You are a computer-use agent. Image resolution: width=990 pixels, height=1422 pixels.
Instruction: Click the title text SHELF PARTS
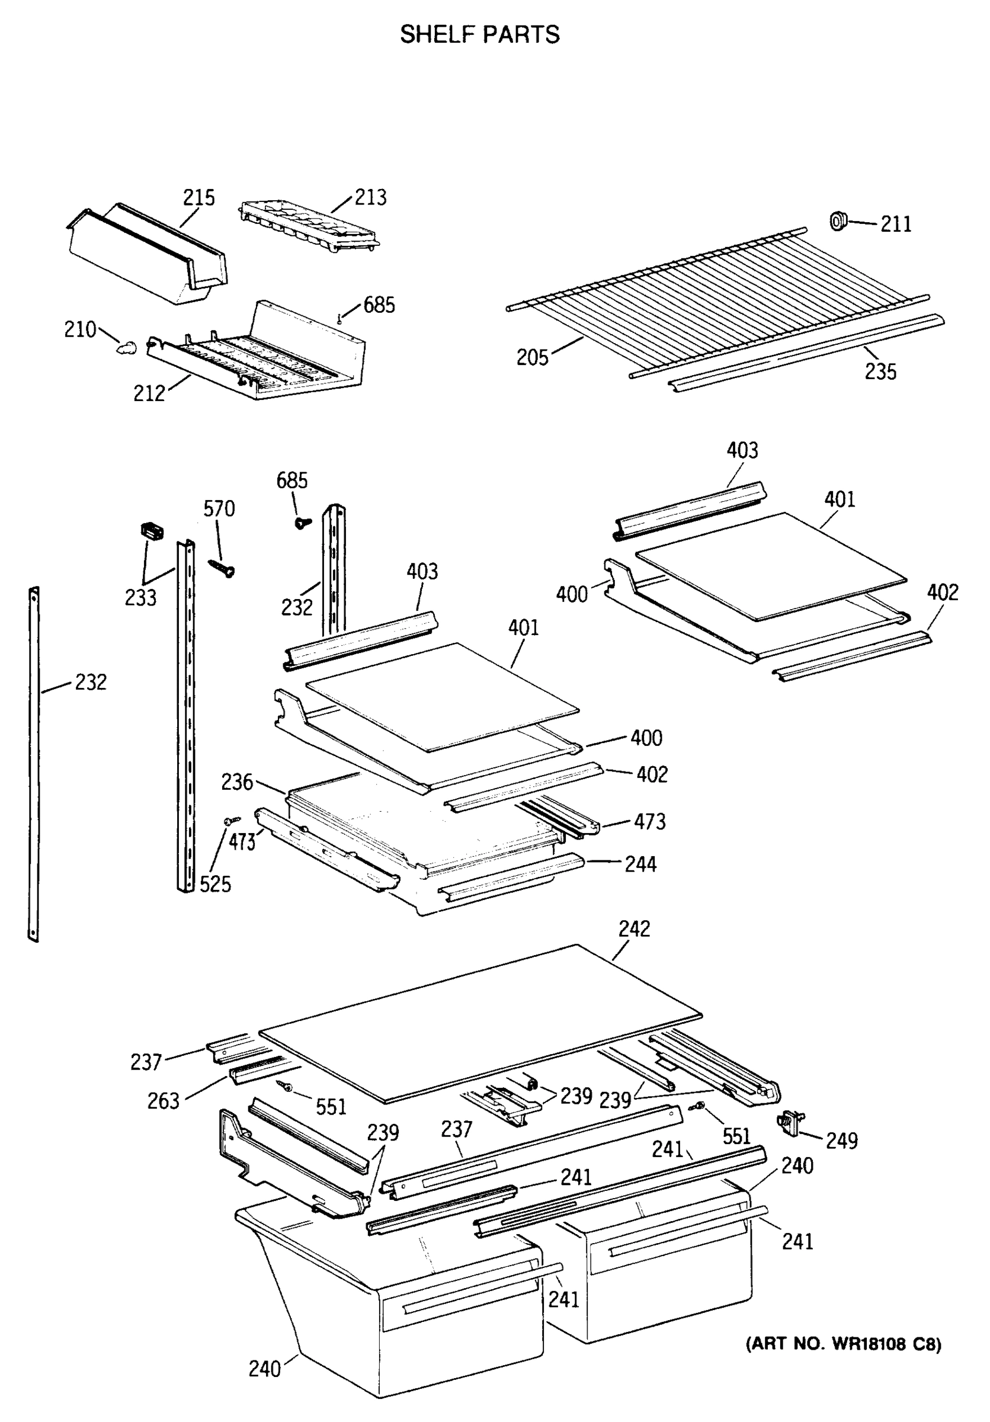[x=479, y=35]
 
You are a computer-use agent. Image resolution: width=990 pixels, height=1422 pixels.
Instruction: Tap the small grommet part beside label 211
[x=838, y=220]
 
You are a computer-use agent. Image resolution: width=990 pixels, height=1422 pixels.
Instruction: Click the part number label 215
[x=198, y=197]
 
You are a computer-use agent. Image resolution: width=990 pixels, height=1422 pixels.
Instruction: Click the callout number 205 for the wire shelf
[x=533, y=357]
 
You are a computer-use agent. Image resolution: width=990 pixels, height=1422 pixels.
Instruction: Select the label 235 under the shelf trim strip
[x=880, y=371]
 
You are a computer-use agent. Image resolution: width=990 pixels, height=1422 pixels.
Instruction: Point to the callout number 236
[x=237, y=782]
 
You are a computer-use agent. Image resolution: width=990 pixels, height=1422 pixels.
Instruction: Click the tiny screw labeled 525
[x=232, y=820]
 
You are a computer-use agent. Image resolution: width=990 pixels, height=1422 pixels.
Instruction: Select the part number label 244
[x=640, y=864]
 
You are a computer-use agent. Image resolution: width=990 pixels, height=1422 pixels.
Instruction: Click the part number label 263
[x=163, y=1101]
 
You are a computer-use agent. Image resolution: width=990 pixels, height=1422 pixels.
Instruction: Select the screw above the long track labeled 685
[x=302, y=523]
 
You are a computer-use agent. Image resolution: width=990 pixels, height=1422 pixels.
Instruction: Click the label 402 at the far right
[x=941, y=592]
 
